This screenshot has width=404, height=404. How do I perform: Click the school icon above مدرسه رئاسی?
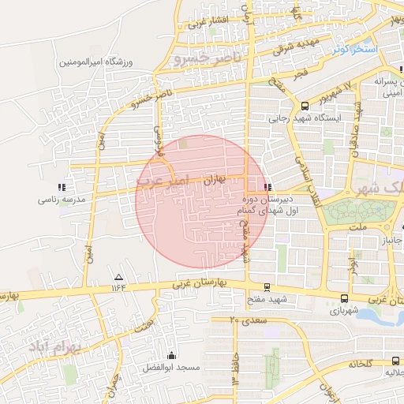click(61, 187)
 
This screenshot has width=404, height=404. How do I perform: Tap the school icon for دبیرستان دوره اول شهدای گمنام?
click(269, 187)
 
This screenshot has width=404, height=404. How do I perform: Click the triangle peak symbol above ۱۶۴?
click(118, 277)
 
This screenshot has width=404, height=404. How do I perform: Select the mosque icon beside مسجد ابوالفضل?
click(173, 356)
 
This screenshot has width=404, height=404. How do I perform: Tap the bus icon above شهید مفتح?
click(266, 287)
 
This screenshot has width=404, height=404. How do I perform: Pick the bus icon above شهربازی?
click(344, 298)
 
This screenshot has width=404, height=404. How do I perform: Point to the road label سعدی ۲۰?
click(245, 320)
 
